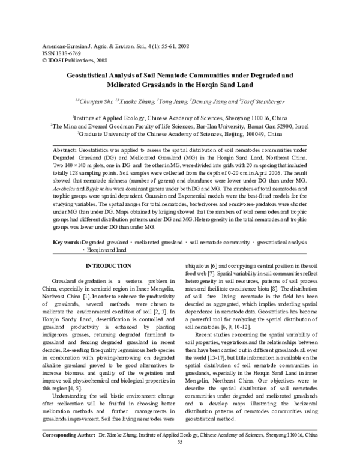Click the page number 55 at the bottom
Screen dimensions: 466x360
pyautogui.click(x=180, y=458)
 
